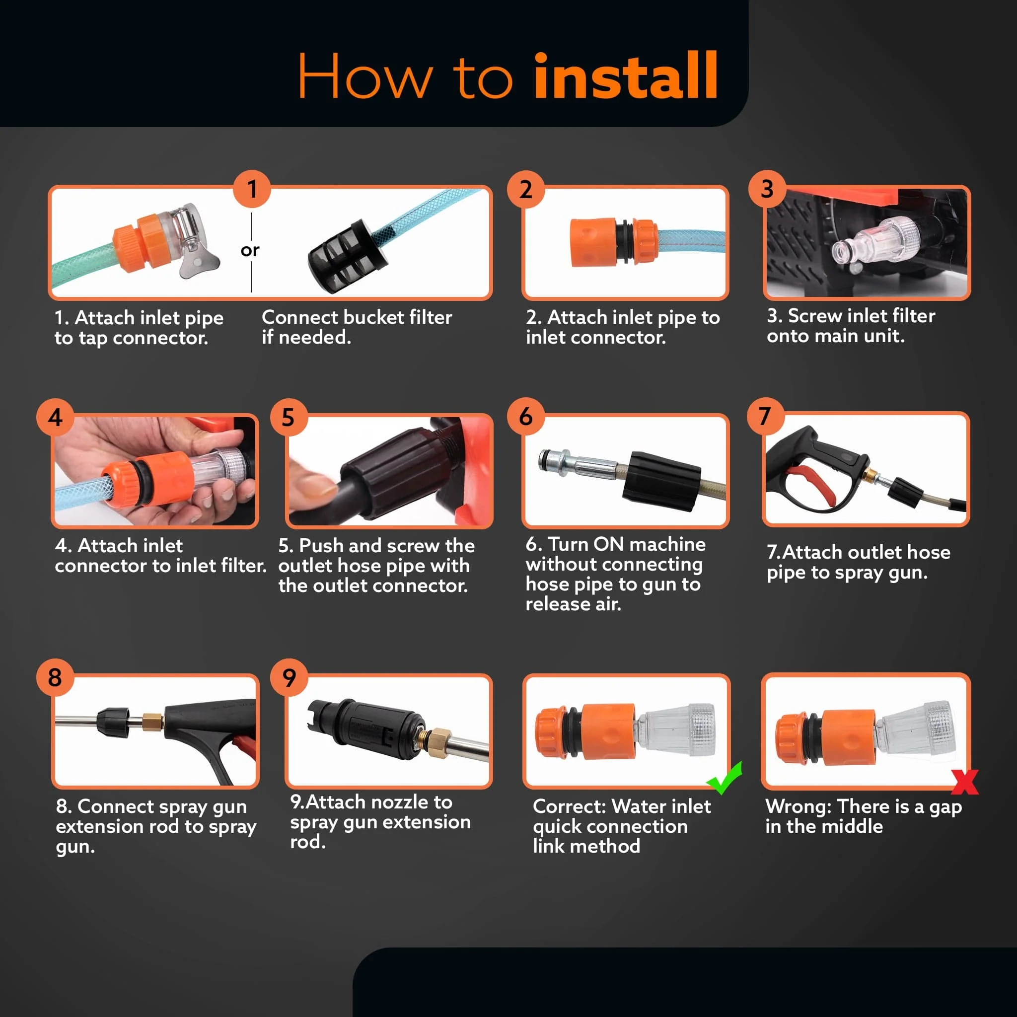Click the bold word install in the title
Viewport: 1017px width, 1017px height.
[x=626, y=76]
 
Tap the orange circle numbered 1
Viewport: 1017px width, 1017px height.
[x=252, y=188]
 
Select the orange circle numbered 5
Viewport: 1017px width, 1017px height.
[x=288, y=417]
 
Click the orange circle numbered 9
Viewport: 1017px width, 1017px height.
[x=289, y=677]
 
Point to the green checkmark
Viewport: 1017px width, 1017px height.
[x=725, y=778]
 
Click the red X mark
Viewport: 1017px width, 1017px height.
[x=964, y=782]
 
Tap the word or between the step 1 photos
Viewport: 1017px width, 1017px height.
[x=250, y=250]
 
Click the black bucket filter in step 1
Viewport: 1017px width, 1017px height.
[x=348, y=255]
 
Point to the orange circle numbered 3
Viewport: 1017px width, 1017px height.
[x=767, y=188]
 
